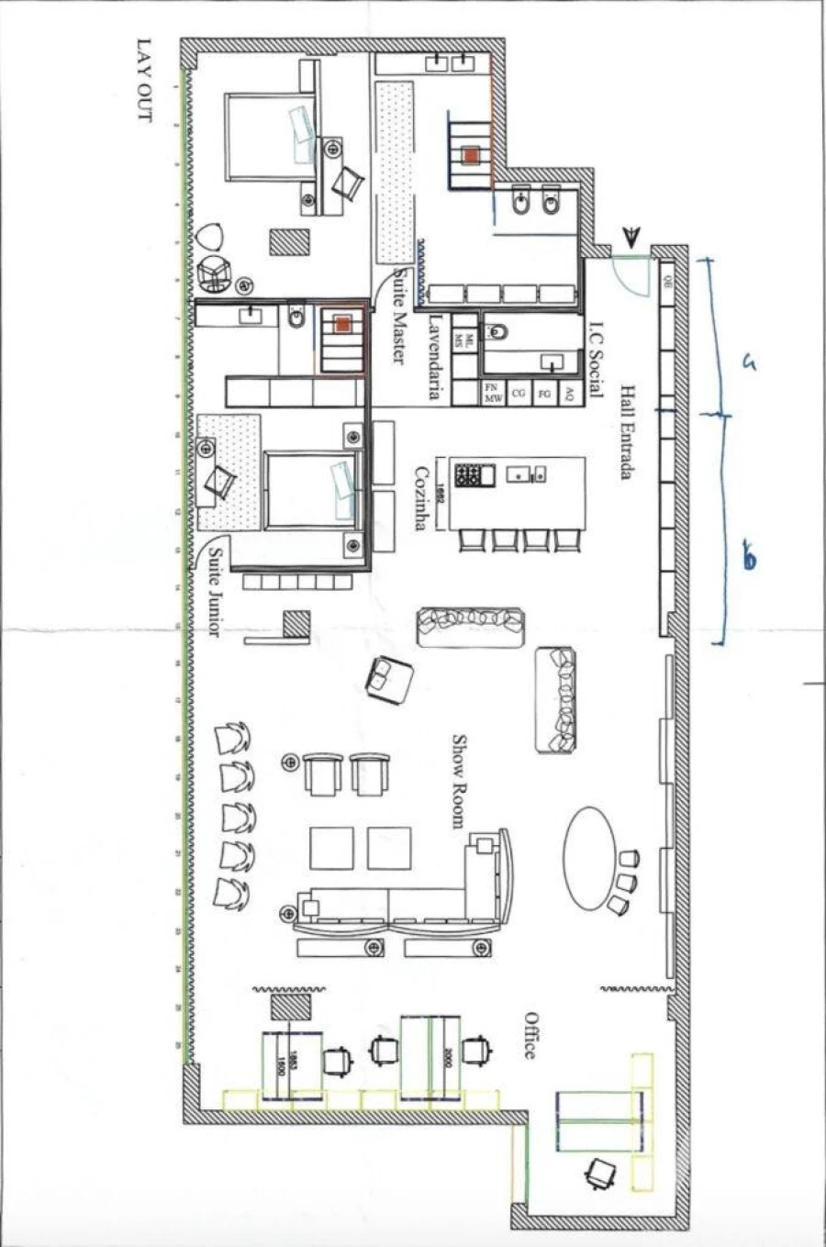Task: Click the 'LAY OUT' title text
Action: tap(143, 80)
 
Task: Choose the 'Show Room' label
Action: tap(458, 781)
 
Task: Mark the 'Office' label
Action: tap(530, 1035)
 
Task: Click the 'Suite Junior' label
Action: tap(215, 593)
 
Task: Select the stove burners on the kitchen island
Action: tap(469, 475)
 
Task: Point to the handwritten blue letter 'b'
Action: tap(749, 558)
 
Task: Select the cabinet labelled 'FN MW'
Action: tap(493, 394)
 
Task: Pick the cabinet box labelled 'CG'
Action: tap(519, 394)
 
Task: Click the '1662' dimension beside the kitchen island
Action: tap(441, 476)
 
